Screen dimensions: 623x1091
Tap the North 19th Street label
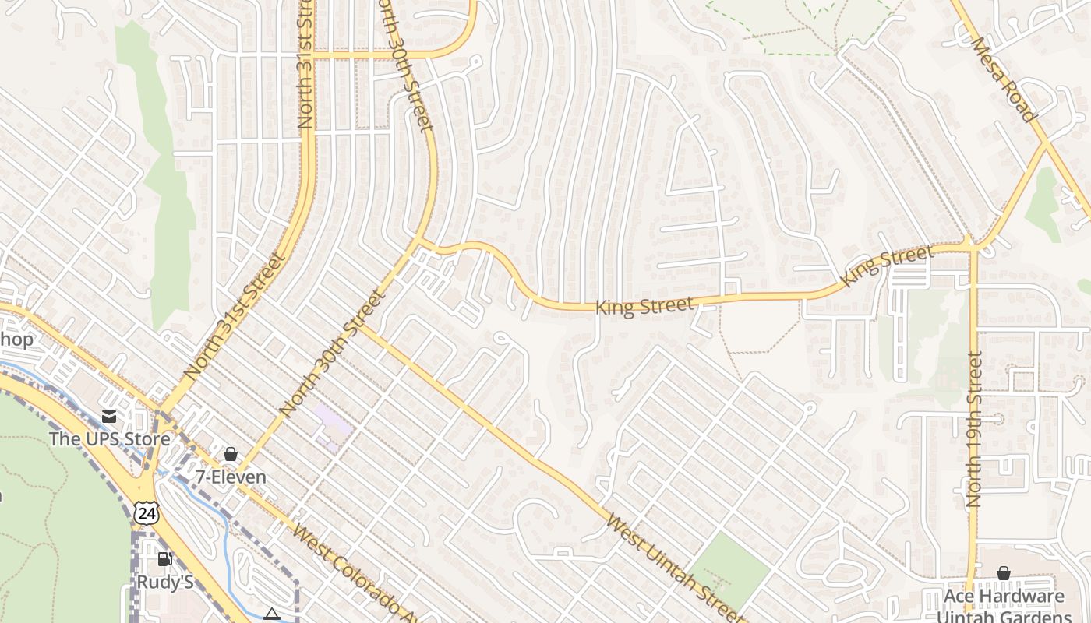pyautogui.click(x=974, y=429)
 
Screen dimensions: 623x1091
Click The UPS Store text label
pyautogui.click(x=109, y=438)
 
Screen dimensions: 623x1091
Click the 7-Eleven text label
pyautogui.click(x=231, y=477)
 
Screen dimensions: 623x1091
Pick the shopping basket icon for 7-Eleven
pyautogui.click(x=231, y=454)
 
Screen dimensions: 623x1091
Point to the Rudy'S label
pyautogui.click(x=164, y=582)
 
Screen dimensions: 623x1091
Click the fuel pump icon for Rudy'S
pyautogui.click(x=164, y=559)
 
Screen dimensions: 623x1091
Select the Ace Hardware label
pyautogui.click(x=1004, y=597)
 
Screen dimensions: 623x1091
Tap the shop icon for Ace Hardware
pyautogui.click(x=1004, y=574)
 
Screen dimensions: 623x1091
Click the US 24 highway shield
pyautogui.click(x=146, y=512)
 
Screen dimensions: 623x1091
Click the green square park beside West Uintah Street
pyautogui.click(x=730, y=572)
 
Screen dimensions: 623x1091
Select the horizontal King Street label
pyautogui.click(x=644, y=306)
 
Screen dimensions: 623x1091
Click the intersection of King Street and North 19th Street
pyautogui.click(x=973, y=247)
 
